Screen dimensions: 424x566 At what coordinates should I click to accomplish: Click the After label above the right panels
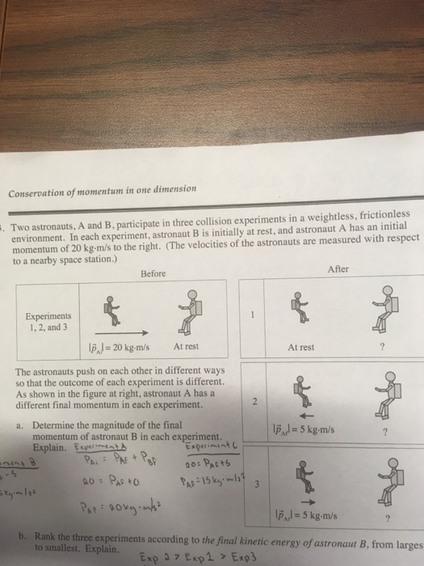coord(342,269)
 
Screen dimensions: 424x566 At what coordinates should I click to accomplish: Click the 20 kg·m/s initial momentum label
coord(122,346)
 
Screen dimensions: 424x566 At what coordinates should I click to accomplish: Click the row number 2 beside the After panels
coord(253,402)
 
